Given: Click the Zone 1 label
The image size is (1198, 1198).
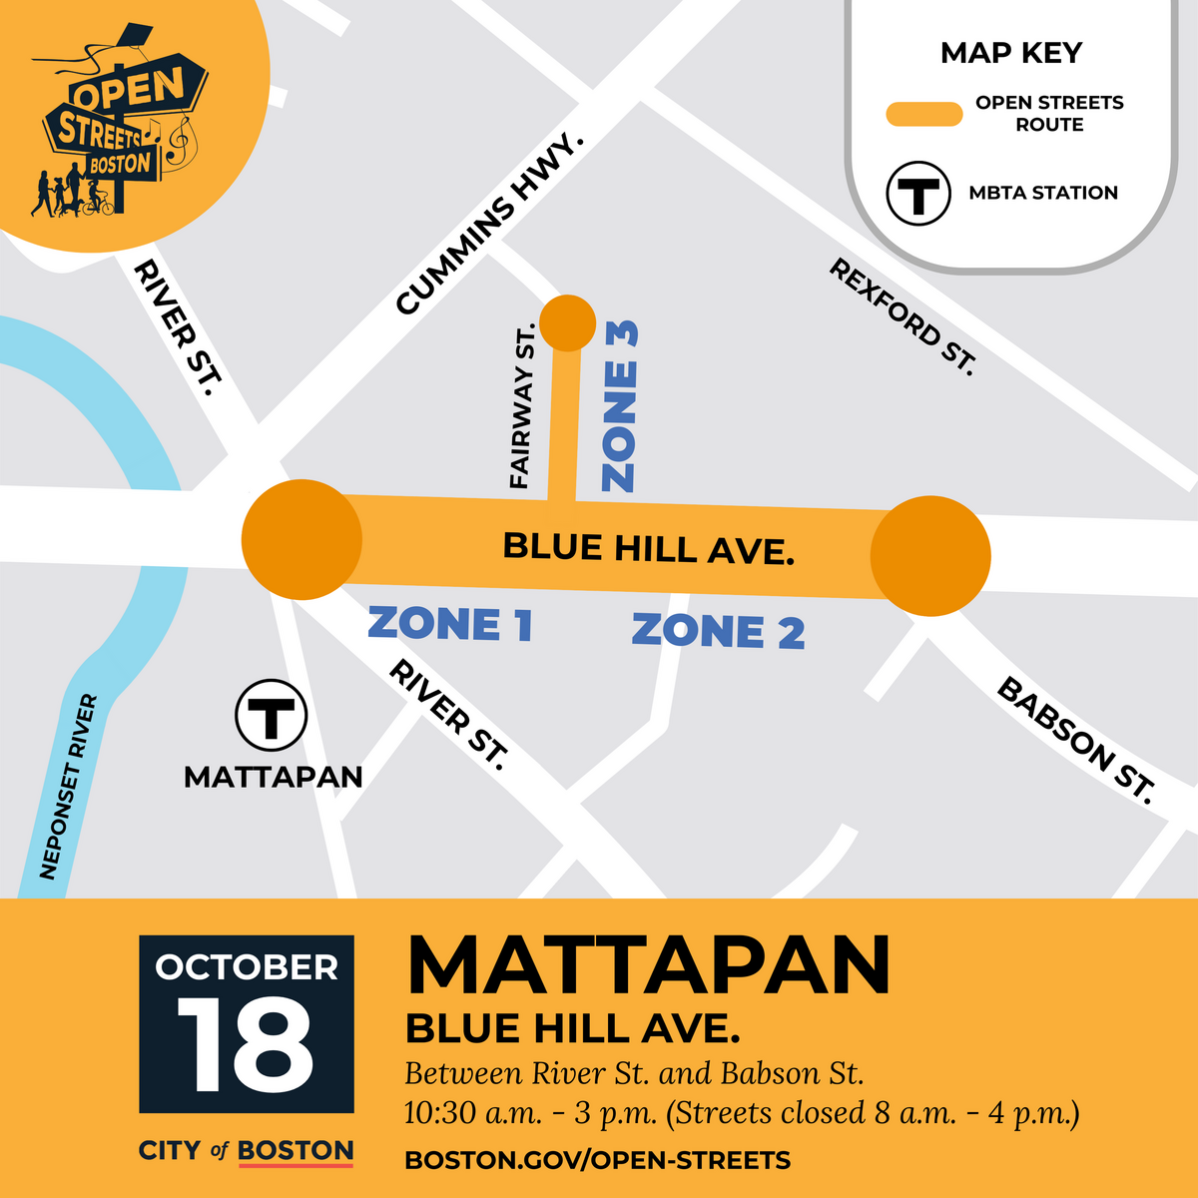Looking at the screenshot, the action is click(449, 625).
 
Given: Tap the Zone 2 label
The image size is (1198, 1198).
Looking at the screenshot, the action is click(718, 632).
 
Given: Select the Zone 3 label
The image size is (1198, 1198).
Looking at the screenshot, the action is click(620, 405).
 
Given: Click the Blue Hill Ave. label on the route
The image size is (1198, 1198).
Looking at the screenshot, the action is click(648, 548).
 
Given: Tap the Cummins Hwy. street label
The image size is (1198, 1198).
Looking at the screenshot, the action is click(488, 225).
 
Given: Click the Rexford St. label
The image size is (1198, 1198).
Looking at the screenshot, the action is click(901, 316).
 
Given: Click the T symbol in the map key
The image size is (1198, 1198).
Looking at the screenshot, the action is click(917, 193).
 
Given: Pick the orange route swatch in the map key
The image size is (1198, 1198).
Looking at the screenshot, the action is click(923, 114).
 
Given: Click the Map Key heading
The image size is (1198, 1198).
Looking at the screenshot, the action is click(1010, 53).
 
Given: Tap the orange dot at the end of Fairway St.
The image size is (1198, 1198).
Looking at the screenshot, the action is click(567, 323).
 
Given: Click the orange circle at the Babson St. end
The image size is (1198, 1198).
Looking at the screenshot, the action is click(930, 556).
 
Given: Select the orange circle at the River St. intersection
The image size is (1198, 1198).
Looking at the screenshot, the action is click(301, 539).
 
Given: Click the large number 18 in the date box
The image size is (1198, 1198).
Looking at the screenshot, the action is click(246, 1047).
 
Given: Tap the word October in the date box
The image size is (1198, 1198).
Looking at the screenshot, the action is click(247, 967).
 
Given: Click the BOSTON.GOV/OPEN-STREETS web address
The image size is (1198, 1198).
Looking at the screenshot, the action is click(597, 1160).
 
